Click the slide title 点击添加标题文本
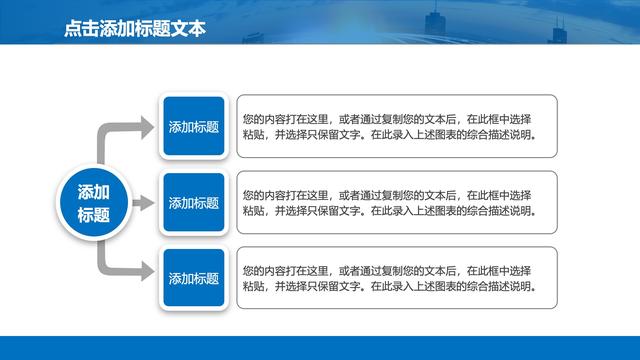(x=134, y=29)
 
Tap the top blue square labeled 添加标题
(x=193, y=127)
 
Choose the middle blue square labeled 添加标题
(x=193, y=203)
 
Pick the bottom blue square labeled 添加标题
(x=193, y=279)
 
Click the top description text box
(x=396, y=126)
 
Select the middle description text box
(x=396, y=203)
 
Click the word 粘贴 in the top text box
(x=254, y=135)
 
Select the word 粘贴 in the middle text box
(x=254, y=211)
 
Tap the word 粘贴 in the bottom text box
(x=254, y=287)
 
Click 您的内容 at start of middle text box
(x=262, y=194)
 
